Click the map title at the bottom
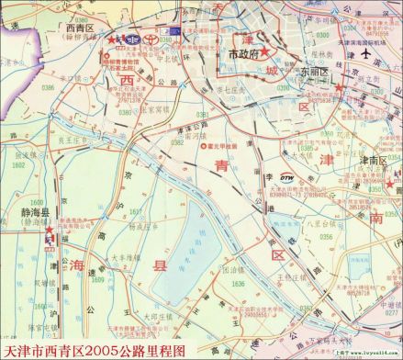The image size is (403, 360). (101, 351)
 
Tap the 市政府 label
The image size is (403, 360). (245, 54)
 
